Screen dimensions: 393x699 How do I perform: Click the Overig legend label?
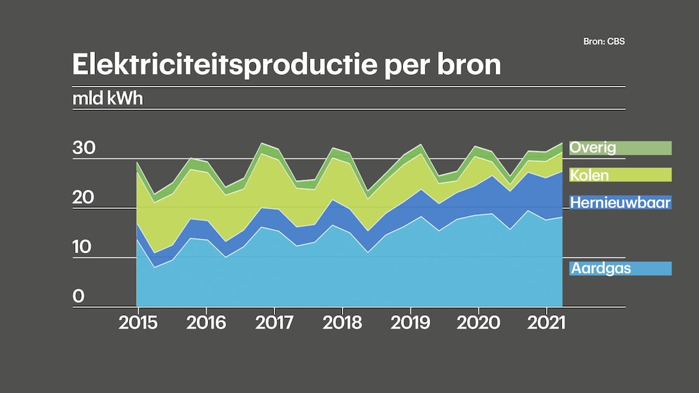pos(593,147)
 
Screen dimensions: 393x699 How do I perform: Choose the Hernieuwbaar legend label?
pos(620,203)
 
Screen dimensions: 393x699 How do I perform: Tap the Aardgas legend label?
pos(600,269)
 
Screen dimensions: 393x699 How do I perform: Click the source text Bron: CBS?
pos(604,42)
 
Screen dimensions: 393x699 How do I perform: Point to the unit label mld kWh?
pos(108,98)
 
